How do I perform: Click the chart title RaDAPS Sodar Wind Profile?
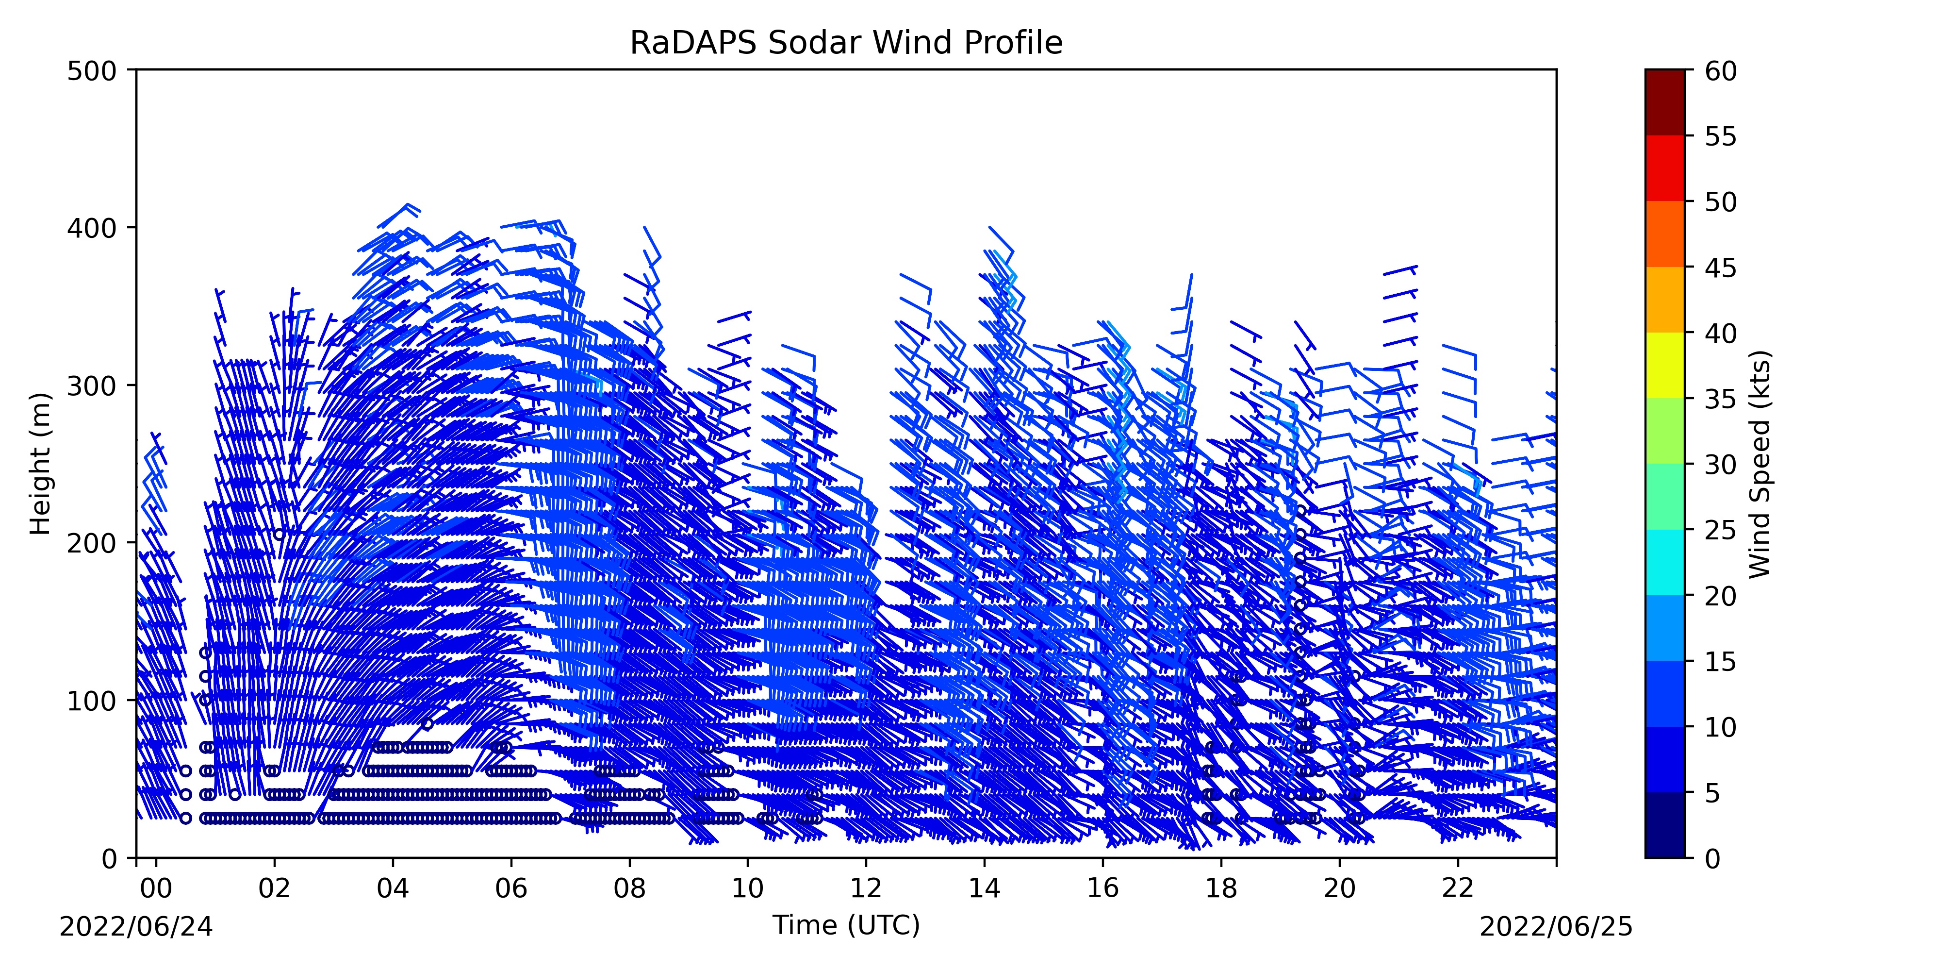(x=846, y=43)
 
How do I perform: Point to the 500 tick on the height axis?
(x=132, y=70)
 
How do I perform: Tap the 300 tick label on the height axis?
(x=92, y=385)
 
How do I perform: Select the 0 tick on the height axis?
(x=132, y=858)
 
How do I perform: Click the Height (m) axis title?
(x=41, y=464)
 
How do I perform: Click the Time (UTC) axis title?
(x=846, y=925)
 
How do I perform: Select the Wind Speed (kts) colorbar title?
(x=1760, y=464)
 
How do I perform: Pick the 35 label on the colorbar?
(x=1721, y=399)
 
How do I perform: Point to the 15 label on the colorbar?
(x=1721, y=661)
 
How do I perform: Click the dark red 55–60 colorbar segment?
(x=1664, y=102)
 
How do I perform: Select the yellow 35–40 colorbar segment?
(x=1664, y=365)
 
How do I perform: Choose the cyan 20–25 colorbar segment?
(x=1664, y=562)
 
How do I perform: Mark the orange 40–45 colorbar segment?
(x=1664, y=299)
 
